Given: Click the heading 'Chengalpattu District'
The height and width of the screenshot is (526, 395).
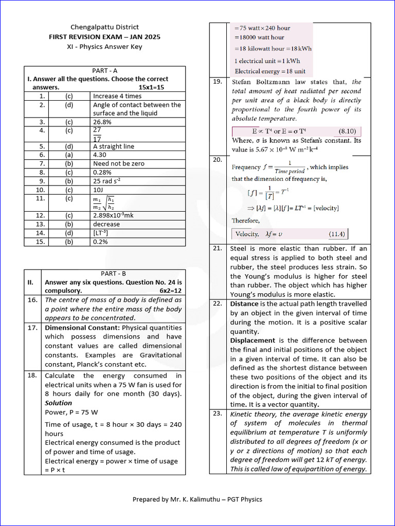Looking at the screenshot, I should pos(104,27).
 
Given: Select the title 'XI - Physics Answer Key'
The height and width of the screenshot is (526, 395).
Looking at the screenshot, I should pos(104,47).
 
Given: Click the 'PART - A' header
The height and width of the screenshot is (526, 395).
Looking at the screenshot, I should pos(104,70).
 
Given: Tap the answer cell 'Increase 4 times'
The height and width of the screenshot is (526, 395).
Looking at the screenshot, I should pos(117,96).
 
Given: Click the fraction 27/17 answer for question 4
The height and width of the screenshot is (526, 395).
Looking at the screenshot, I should pos(97,135).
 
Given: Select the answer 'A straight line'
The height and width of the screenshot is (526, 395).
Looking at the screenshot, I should pos(113,146).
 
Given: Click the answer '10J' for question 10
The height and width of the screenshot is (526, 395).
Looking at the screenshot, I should pos(99,190).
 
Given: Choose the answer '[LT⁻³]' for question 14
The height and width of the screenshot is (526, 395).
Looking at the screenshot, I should pos(101,233).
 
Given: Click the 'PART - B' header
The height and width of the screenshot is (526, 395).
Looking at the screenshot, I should pos(113,274).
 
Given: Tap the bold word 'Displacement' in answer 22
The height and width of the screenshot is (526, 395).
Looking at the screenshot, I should pos(252,341).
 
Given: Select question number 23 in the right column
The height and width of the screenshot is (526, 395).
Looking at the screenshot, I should pos(218,414).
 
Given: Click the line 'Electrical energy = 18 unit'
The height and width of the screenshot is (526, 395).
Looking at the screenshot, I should pos(270,71).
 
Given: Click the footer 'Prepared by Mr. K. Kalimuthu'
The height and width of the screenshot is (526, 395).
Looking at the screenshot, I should pos(197,499).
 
